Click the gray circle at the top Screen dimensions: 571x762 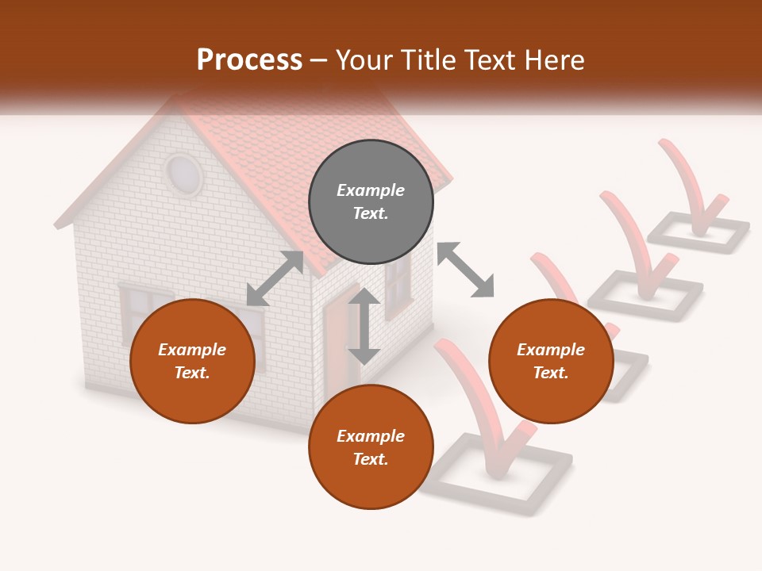pyautogui.click(x=371, y=201)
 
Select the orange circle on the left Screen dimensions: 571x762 pyautogui.click(x=192, y=361)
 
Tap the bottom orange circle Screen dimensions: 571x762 pyautogui.click(x=371, y=446)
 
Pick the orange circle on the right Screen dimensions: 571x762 pyautogui.click(x=551, y=361)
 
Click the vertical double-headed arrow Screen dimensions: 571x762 pyautogui.click(x=364, y=326)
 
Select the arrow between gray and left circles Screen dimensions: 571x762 pyautogui.click(x=275, y=278)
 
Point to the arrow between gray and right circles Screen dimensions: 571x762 pyautogui.click(x=465, y=270)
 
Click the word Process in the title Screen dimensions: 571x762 pyautogui.click(x=249, y=59)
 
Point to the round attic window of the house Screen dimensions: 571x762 pyautogui.click(x=184, y=174)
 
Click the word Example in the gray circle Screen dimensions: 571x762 pyautogui.click(x=371, y=190)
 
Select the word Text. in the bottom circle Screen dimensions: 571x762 pyautogui.click(x=371, y=459)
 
